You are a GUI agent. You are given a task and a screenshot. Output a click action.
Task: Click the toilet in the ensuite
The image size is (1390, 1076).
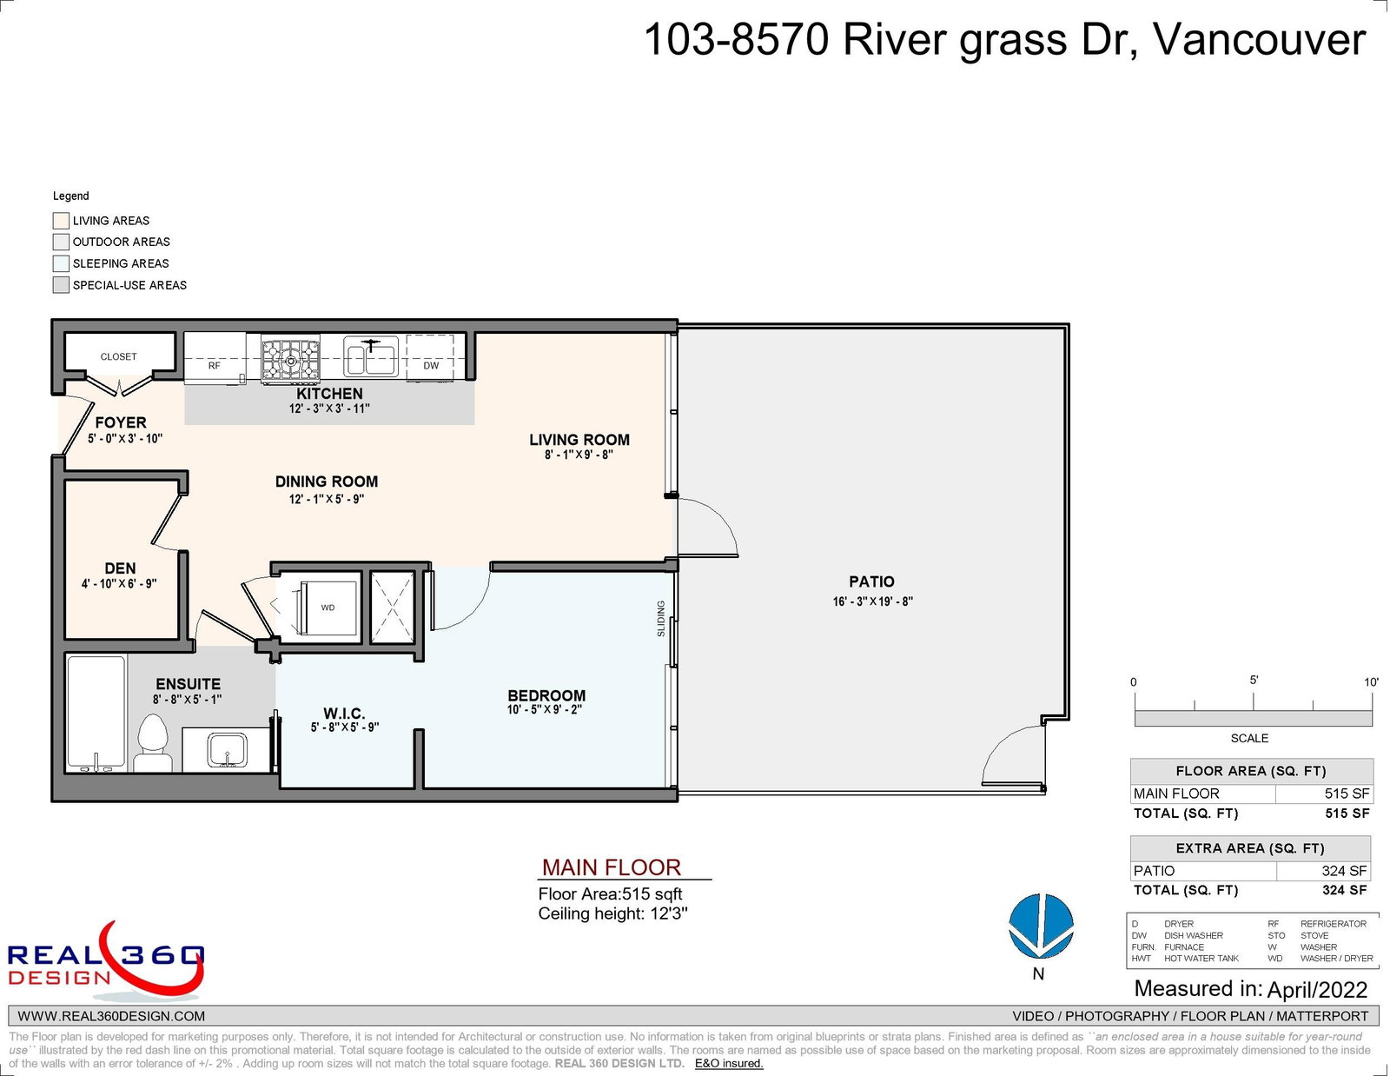[x=153, y=743]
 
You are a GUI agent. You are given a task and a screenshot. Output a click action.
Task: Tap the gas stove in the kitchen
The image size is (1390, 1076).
[x=290, y=361]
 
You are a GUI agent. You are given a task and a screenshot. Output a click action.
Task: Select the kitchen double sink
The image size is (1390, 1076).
[x=371, y=356]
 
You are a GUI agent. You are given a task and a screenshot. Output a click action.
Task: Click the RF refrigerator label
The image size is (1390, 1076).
[x=215, y=365]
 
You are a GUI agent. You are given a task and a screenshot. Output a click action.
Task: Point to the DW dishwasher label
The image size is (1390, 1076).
[x=431, y=365]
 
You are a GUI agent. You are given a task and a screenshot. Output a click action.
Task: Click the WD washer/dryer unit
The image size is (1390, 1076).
[x=328, y=608]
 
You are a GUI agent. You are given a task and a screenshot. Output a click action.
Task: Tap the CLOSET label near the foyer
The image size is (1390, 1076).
[x=118, y=356]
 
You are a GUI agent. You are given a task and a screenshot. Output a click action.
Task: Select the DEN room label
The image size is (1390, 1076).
[x=120, y=568]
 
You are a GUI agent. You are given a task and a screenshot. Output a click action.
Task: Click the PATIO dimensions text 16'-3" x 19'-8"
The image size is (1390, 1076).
[x=872, y=601]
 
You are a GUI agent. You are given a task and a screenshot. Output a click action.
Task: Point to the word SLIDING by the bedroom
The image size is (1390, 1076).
[x=661, y=619]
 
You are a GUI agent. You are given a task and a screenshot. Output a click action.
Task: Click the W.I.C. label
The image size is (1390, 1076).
[x=344, y=714]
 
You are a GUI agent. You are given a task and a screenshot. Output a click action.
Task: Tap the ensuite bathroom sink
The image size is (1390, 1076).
[x=227, y=749]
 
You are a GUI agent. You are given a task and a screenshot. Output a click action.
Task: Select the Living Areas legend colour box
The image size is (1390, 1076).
[x=61, y=221]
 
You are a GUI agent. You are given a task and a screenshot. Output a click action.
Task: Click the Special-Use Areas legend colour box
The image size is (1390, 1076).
[x=61, y=285]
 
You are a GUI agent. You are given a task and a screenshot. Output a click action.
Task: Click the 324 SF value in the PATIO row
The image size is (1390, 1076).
[x=1344, y=871]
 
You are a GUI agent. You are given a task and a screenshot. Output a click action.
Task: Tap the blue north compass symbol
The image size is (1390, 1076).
[x=1041, y=926]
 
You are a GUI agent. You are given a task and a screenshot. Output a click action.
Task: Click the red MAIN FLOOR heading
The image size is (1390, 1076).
[x=611, y=867]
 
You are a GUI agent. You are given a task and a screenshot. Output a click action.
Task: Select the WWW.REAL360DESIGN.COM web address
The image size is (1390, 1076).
[x=111, y=1016]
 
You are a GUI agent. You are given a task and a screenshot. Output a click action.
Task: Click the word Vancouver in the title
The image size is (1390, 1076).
[x=1259, y=40]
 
